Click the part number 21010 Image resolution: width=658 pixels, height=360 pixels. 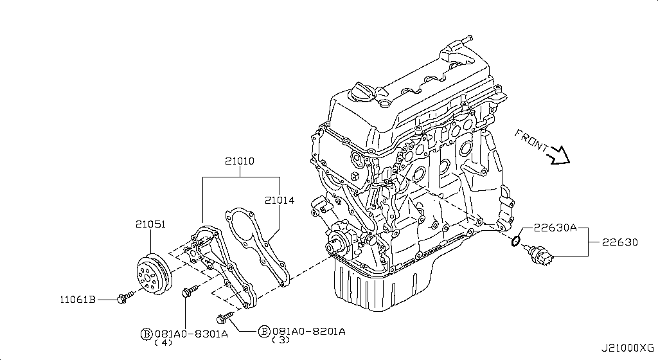240,161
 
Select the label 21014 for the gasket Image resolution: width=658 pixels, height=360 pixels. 280,200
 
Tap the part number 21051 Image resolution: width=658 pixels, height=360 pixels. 150,224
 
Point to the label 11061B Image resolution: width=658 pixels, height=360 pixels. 78,299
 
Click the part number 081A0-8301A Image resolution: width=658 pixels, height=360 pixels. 191,334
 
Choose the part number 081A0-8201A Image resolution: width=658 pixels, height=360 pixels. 309,332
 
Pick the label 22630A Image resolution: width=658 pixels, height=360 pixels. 555,228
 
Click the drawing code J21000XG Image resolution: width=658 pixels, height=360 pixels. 627,348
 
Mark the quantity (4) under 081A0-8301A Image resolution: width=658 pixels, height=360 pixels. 163,343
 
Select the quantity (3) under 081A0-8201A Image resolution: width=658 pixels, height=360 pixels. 281,340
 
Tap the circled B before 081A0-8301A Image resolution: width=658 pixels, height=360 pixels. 147,334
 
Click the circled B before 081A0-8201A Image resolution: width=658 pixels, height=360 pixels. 264,332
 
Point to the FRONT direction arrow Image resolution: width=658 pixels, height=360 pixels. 559,156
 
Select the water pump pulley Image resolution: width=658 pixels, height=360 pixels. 154,274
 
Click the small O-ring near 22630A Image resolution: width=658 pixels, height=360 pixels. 516,241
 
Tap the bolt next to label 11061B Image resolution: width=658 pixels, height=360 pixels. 125,296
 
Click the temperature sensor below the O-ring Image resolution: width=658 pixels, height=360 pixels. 538,256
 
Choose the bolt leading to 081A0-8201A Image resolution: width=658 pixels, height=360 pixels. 226,318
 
